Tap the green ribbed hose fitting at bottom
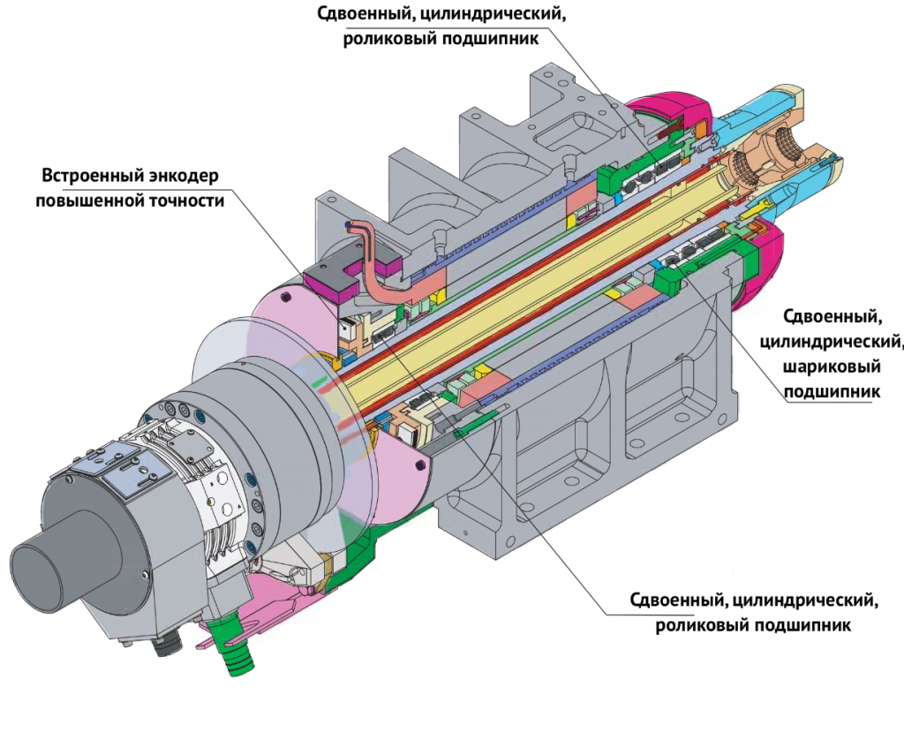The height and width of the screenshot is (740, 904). pos(237,654)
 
